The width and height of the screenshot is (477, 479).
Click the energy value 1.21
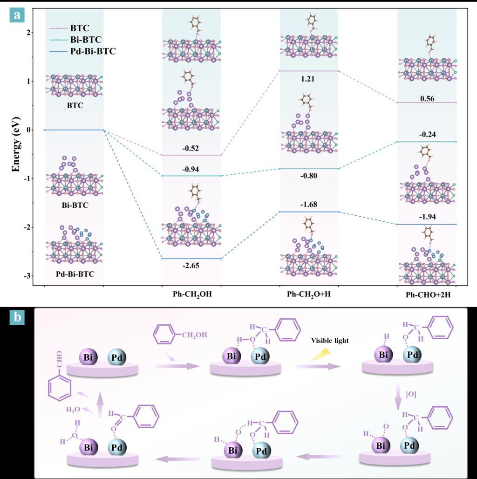308,79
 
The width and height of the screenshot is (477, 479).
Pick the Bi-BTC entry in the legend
83,40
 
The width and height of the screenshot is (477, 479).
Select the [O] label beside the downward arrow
411,395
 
